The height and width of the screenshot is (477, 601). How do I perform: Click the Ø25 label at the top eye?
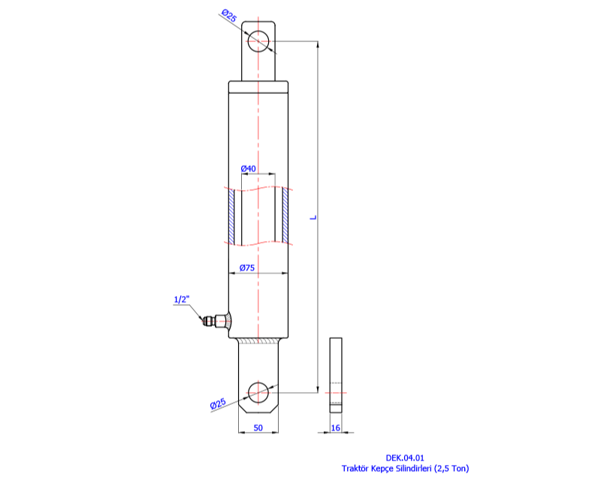[x=229, y=16]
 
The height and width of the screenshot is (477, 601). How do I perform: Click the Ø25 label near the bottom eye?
[x=218, y=404]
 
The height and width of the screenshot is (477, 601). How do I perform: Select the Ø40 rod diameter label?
[x=248, y=168]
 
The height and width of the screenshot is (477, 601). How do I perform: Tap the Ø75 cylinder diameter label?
[x=247, y=268]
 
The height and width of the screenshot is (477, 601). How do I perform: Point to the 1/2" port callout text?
[x=182, y=299]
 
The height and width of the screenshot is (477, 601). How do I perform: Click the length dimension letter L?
[x=313, y=217]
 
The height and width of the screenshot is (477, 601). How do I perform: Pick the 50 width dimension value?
[x=258, y=427]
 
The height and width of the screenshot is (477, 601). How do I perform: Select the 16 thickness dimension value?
[x=335, y=427]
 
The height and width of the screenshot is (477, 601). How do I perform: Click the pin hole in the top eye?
[x=258, y=41]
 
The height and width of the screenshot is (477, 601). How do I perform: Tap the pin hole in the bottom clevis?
[x=258, y=392]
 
